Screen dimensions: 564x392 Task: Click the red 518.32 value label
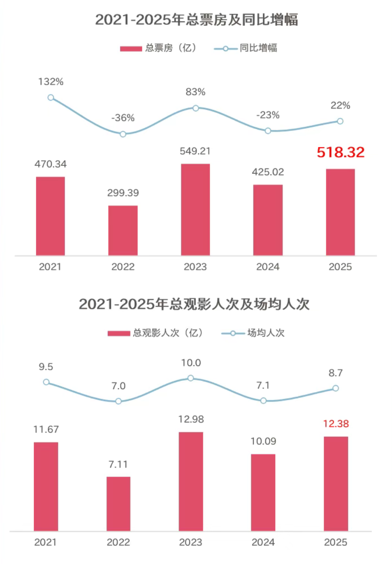(x=341, y=153)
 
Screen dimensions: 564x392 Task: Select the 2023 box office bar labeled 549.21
(x=195, y=209)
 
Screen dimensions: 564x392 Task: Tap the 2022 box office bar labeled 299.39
(x=123, y=230)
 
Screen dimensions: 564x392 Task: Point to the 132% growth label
(x=51, y=82)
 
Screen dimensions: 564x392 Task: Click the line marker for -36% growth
(x=123, y=134)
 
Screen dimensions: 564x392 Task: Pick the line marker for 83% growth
(x=196, y=108)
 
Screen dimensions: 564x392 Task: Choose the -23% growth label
(x=268, y=115)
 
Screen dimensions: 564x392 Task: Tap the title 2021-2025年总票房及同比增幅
(x=197, y=20)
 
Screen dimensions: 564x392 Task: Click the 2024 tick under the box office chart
(x=268, y=267)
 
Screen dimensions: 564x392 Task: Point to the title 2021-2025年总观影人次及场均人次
(x=194, y=304)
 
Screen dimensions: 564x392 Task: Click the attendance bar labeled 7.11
(x=118, y=504)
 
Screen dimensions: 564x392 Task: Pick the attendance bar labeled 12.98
(x=191, y=481)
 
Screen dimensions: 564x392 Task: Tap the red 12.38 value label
(x=336, y=424)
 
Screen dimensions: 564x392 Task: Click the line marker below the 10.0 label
(x=190, y=378)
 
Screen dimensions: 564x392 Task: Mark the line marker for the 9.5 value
(x=46, y=382)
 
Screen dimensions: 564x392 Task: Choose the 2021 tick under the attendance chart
(x=45, y=542)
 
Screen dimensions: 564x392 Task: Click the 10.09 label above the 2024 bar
(x=263, y=441)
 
